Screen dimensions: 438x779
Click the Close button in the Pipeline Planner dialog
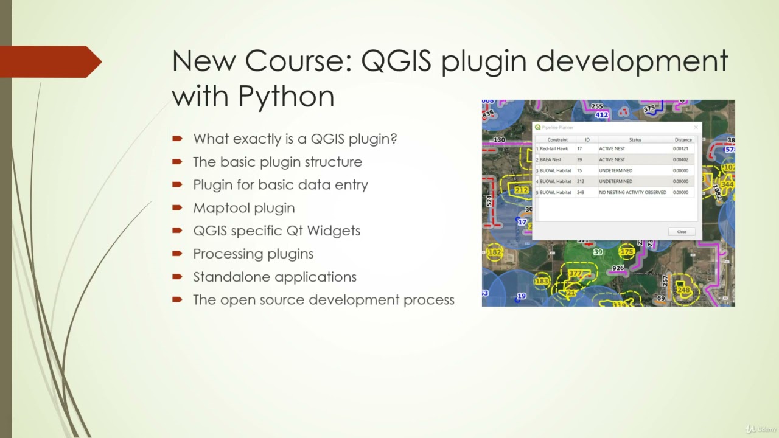(x=682, y=232)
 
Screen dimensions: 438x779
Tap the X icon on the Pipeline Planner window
(x=696, y=127)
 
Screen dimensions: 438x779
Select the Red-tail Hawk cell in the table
(x=554, y=149)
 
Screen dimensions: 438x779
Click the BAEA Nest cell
(x=551, y=160)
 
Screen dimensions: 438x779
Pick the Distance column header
(x=683, y=140)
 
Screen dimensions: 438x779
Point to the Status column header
(x=635, y=140)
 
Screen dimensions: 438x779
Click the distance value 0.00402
(x=680, y=160)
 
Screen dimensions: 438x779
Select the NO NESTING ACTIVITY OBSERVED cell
(x=632, y=193)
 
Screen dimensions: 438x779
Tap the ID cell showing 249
(x=581, y=193)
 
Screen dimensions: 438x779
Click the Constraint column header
(x=557, y=140)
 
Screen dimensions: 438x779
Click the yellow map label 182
(x=495, y=252)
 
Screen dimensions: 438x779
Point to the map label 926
(x=618, y=268)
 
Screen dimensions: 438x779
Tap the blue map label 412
(x=601, y=114)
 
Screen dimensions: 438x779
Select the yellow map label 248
(x=683, y=290)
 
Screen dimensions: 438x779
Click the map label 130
(x=499, y=140)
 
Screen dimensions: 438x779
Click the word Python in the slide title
(x=286, y=96)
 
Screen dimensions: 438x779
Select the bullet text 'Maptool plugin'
(x=243, y=208)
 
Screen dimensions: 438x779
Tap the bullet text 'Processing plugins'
(x=253, y=254)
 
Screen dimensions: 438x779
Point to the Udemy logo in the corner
(x=761, y=429)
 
